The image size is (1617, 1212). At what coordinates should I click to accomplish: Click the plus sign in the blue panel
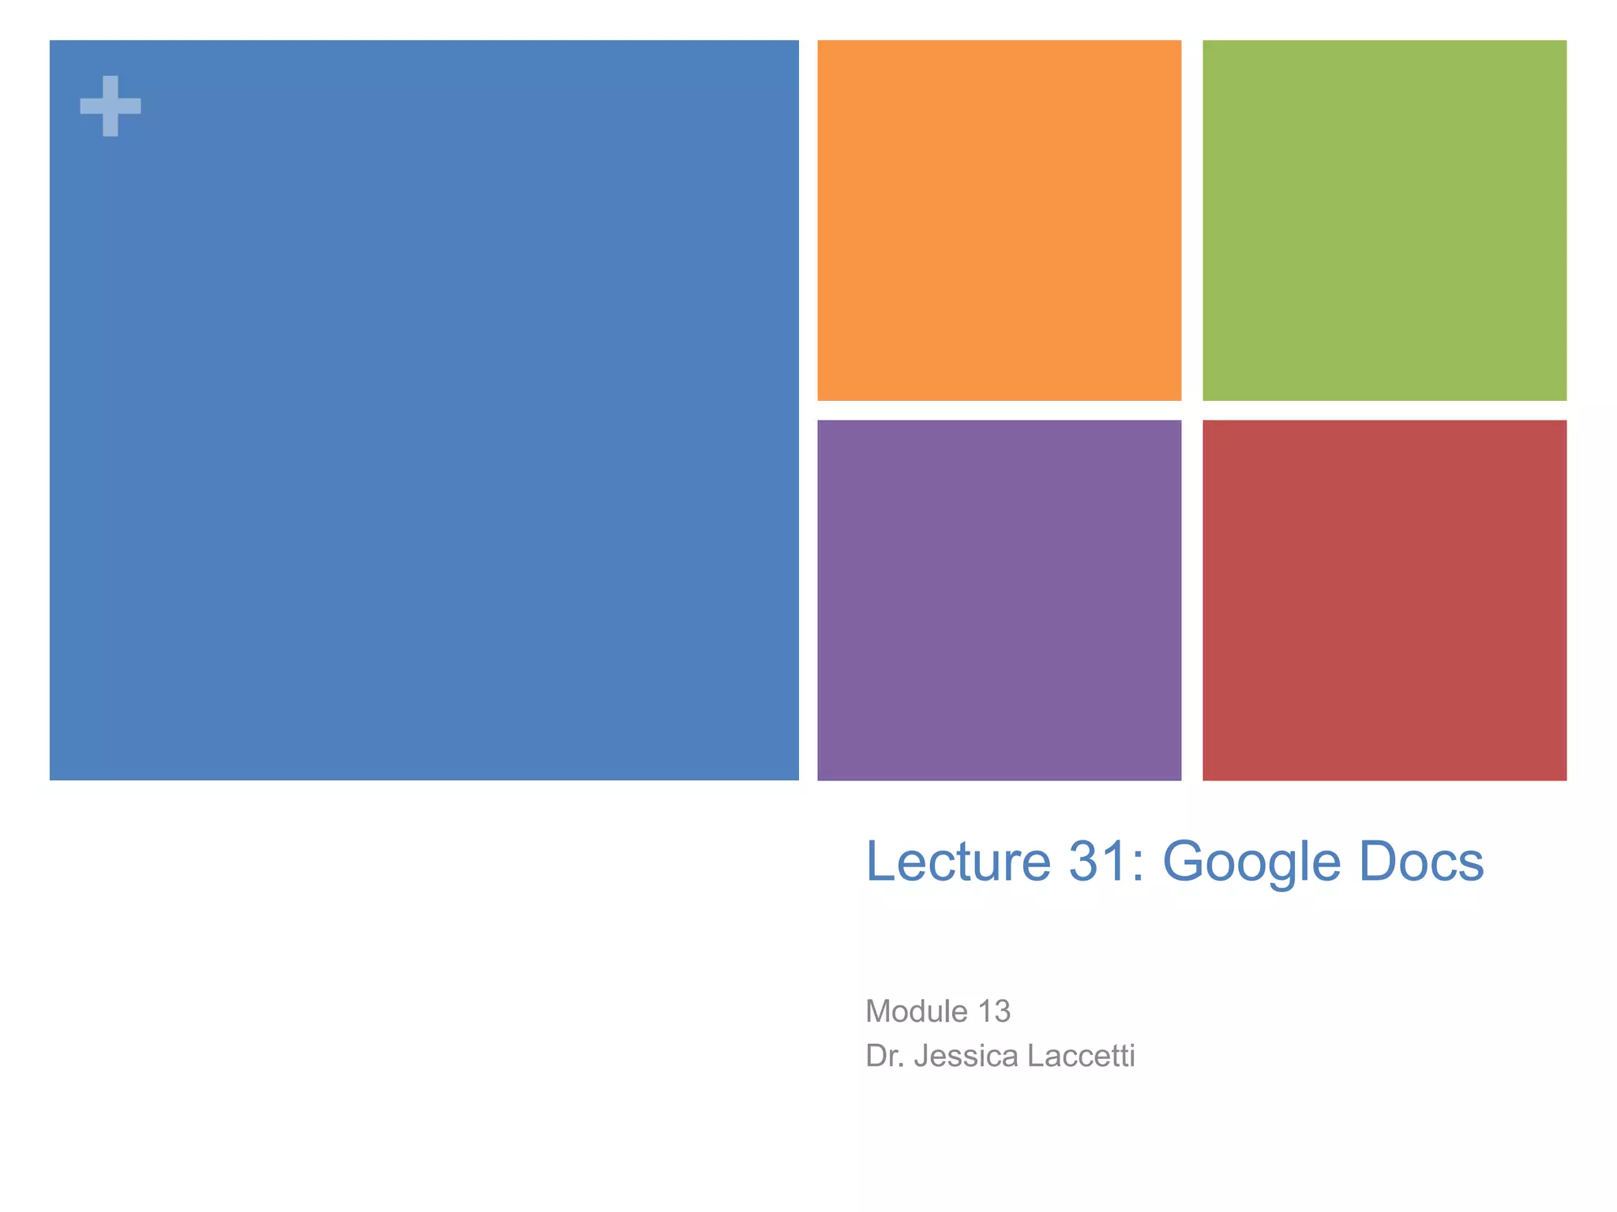click(111, 106)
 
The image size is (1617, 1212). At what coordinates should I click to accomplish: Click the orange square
click(999, 220)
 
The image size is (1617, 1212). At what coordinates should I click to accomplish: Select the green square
click(1384, 220)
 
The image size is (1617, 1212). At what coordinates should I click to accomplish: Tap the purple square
click(999, 600)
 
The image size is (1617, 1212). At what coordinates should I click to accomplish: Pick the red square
click(1384, 600)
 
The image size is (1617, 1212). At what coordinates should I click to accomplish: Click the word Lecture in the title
click(959, 861)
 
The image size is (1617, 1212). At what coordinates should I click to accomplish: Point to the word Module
click(916, 1012)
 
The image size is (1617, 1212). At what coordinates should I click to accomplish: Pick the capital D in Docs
click(1375, 861)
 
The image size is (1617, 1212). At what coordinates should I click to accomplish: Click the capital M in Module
click(880, 1012)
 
